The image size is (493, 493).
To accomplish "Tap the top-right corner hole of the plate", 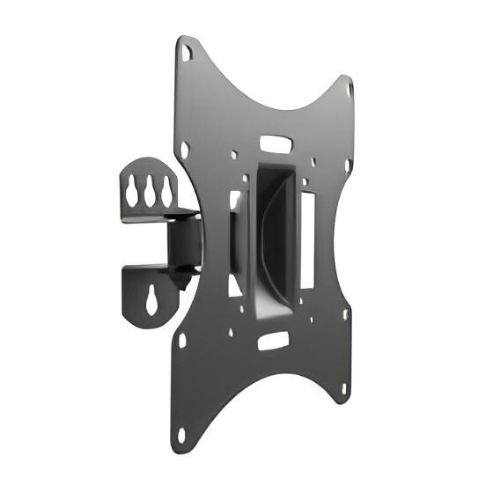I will pos(350,89).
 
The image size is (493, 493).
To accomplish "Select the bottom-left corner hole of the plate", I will pos(181,434).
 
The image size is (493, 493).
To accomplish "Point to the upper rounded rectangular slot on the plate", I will pos(278,142).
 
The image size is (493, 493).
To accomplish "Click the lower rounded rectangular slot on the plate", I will pos(274,339).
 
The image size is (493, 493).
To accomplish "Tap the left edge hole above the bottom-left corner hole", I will pos(182,339).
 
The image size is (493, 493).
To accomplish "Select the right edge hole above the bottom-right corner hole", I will pos(345,313).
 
